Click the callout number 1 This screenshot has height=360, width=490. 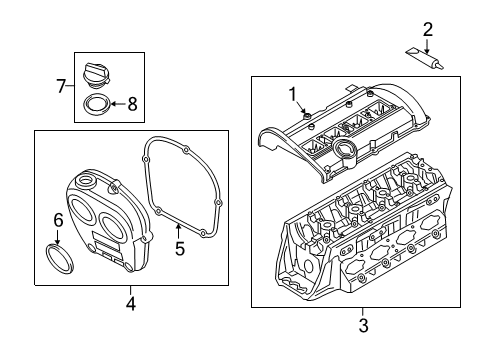coord(293,94)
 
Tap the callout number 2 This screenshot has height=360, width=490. coord(428,29)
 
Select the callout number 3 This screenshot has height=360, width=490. coord(363,325)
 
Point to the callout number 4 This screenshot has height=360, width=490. coord(131,304)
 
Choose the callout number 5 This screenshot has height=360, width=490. coord(180,249)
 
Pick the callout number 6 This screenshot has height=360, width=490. coord(58,220)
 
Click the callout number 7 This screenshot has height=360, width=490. coord(61,86)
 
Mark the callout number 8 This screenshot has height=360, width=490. coord(133,104)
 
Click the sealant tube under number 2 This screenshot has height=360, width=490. coord(425,59)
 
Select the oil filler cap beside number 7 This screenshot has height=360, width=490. coord(96,75)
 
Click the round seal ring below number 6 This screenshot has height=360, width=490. coord(59,259)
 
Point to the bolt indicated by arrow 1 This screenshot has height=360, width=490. coord(307,116)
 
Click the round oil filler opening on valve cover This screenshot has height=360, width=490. coord(343,147)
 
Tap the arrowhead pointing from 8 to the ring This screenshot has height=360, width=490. coord(113,104)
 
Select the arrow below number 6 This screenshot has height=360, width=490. coord(57,238)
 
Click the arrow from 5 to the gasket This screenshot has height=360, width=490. coord(179,232)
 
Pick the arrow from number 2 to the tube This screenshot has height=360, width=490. coord(427,46)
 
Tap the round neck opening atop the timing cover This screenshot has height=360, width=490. coord(86,180)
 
